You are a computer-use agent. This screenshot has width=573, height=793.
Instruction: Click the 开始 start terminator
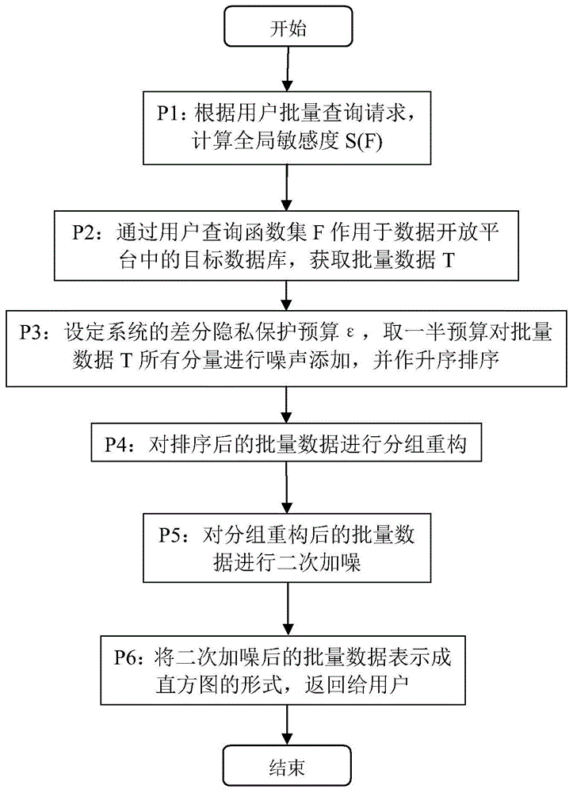(288, 27)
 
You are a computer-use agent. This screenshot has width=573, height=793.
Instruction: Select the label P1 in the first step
(168, 113)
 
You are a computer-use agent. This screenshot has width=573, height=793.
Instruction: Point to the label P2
(83, 232)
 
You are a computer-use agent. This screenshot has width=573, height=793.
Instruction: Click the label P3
(31, 332)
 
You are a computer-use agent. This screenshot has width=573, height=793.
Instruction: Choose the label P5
(170, 534)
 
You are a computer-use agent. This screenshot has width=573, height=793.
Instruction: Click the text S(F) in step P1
(364, 141)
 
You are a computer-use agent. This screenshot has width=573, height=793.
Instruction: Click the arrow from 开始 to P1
(287, 69)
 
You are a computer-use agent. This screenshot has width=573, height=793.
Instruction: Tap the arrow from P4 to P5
(287, 488)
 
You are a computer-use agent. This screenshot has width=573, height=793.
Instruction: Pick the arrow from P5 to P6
(287, 609)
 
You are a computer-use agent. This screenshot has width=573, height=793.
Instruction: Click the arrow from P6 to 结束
(287, 726)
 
